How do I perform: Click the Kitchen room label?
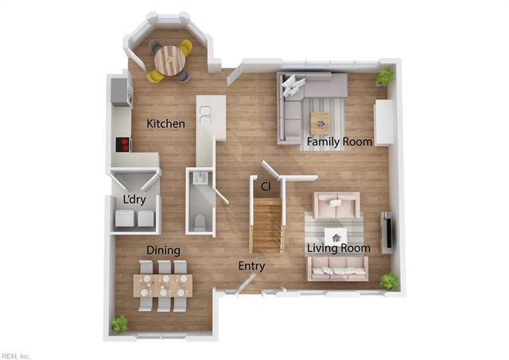pos(166,124)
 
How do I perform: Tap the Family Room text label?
pos(340,141)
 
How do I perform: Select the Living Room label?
pos(339,248)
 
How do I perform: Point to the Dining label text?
pos(163,250)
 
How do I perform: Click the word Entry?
pos(251,266)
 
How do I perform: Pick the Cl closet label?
pos(266,186)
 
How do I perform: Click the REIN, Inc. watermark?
pos(16,354)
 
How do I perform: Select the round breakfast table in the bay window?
pos(169,59)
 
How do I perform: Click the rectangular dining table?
pos(163,285)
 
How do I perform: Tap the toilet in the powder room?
pos(200,222)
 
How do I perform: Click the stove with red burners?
pos(123,144)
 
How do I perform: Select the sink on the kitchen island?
pos(205,116)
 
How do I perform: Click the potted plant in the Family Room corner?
pos(385,76)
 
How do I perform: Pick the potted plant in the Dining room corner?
pos(119,323)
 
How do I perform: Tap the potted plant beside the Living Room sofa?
pos(389,281)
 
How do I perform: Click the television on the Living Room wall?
pos(387,230)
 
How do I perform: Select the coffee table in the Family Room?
pos(320,122)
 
